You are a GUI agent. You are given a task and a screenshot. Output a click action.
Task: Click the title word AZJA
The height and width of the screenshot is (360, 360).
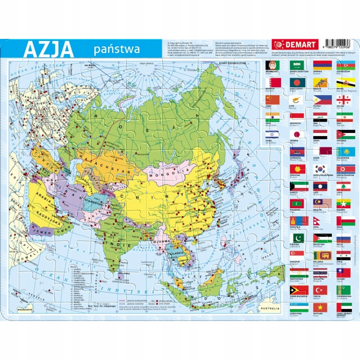pos(48,50)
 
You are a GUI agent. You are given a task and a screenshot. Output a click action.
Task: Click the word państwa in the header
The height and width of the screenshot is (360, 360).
pos(116,50)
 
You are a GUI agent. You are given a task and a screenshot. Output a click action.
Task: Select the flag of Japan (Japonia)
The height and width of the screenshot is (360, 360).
pos(297,134)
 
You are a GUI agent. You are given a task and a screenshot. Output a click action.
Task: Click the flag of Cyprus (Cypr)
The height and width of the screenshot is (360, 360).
pos(297,100)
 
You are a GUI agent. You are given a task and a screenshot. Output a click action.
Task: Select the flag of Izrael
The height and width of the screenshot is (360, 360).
pos(273,134)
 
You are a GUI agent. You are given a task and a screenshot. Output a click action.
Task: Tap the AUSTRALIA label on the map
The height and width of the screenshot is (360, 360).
pos(271,309)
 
